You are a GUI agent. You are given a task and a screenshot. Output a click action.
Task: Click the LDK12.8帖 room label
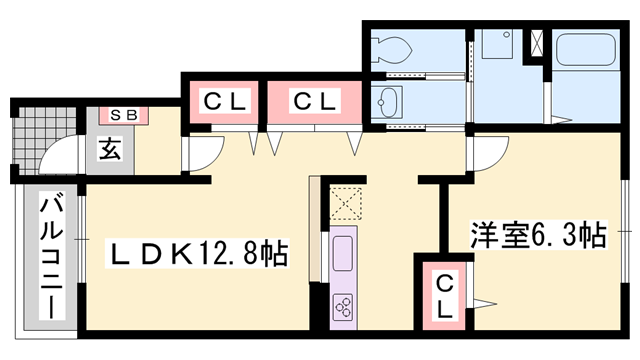pos(197,253)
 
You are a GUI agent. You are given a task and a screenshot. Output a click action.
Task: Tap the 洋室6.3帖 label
pos(538,235)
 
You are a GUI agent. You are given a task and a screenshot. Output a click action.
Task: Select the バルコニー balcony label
pos(51,258)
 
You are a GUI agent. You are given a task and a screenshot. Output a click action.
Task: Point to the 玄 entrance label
pos(110,149)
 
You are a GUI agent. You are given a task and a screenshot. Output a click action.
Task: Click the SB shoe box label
pos(124,115)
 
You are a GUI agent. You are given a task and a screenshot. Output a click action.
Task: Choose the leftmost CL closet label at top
pos(224,102)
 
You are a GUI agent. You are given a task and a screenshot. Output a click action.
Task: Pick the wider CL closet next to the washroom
pos(315,102)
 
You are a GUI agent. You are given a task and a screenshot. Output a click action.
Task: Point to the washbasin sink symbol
pos(386,102)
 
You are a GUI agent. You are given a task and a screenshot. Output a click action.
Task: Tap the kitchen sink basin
pos(342,254)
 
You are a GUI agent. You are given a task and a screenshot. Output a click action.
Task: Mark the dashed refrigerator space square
pos(346,204)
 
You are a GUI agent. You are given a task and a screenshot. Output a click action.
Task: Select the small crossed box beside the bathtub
pos(537,43)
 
